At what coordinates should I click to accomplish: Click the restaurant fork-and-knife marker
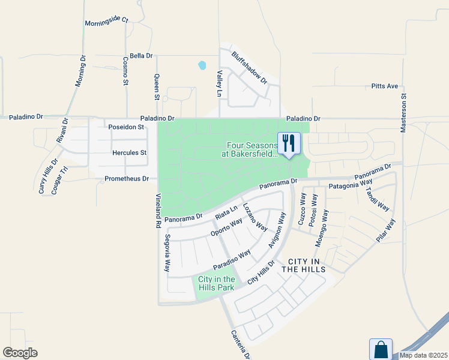coord(289,143)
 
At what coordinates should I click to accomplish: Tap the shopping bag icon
coord(381,349)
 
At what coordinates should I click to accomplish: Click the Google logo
coord(20,353)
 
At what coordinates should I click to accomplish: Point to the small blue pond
coord(202,65)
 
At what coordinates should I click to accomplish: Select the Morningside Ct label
coord(106,20)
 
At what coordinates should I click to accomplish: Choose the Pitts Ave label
coord(385,86)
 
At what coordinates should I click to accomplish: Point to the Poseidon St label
coord(126,127)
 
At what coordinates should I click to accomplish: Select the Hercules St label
coord(130,153)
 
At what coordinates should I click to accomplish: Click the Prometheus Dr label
coord(126,179)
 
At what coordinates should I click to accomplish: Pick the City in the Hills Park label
coord(216,283)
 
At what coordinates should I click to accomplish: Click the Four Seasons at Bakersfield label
coord(252,149)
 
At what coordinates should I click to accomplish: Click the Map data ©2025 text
coord(423,355)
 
